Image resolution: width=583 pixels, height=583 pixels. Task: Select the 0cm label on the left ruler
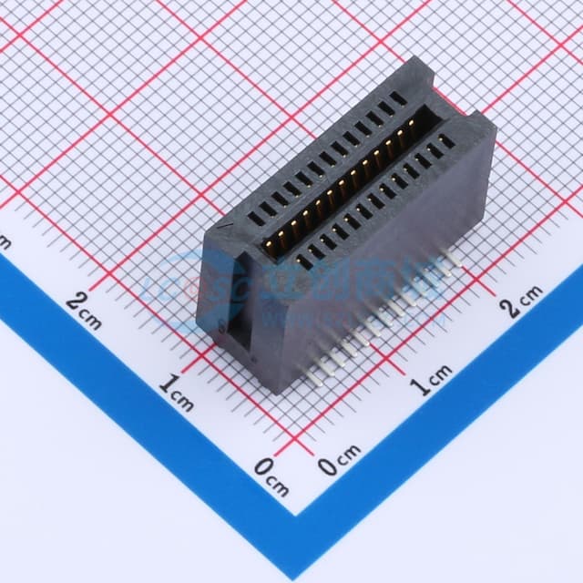pos(271,476)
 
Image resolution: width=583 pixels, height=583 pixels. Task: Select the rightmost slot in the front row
pos(445,141)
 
